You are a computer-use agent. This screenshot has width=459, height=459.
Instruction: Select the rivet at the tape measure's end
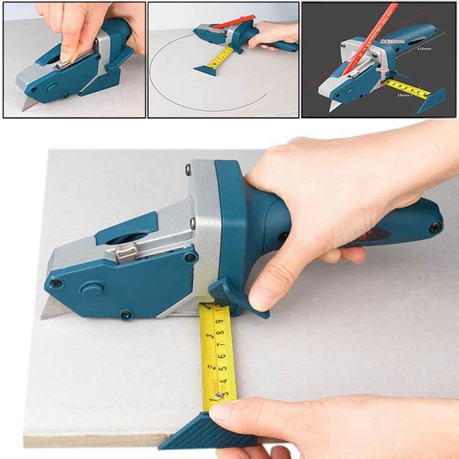[219, 395]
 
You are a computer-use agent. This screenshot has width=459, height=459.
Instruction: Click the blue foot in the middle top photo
[205, 70]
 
